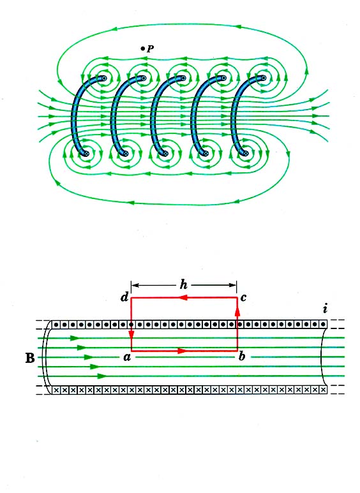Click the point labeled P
coord(142,48)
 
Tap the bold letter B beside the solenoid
coord(30,358)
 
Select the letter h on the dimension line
coord(183,284)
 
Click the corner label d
coord(124,297)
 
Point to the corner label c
coord(243,297)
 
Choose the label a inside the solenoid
coord(127,357)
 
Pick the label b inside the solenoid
coord(242,356)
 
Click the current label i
coord(325,309)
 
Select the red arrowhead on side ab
coord(183,351)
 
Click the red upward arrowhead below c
coord(237,311)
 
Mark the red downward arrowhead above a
coord(131,335)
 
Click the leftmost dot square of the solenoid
coord(56,325)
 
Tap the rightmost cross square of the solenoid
coord(323,390)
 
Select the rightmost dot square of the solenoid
coord(323,325)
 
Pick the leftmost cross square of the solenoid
coord(56,390)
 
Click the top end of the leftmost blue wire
coord(103,78)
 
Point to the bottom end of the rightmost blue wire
coord(246,154)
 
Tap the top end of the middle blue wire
coord(183,78)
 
